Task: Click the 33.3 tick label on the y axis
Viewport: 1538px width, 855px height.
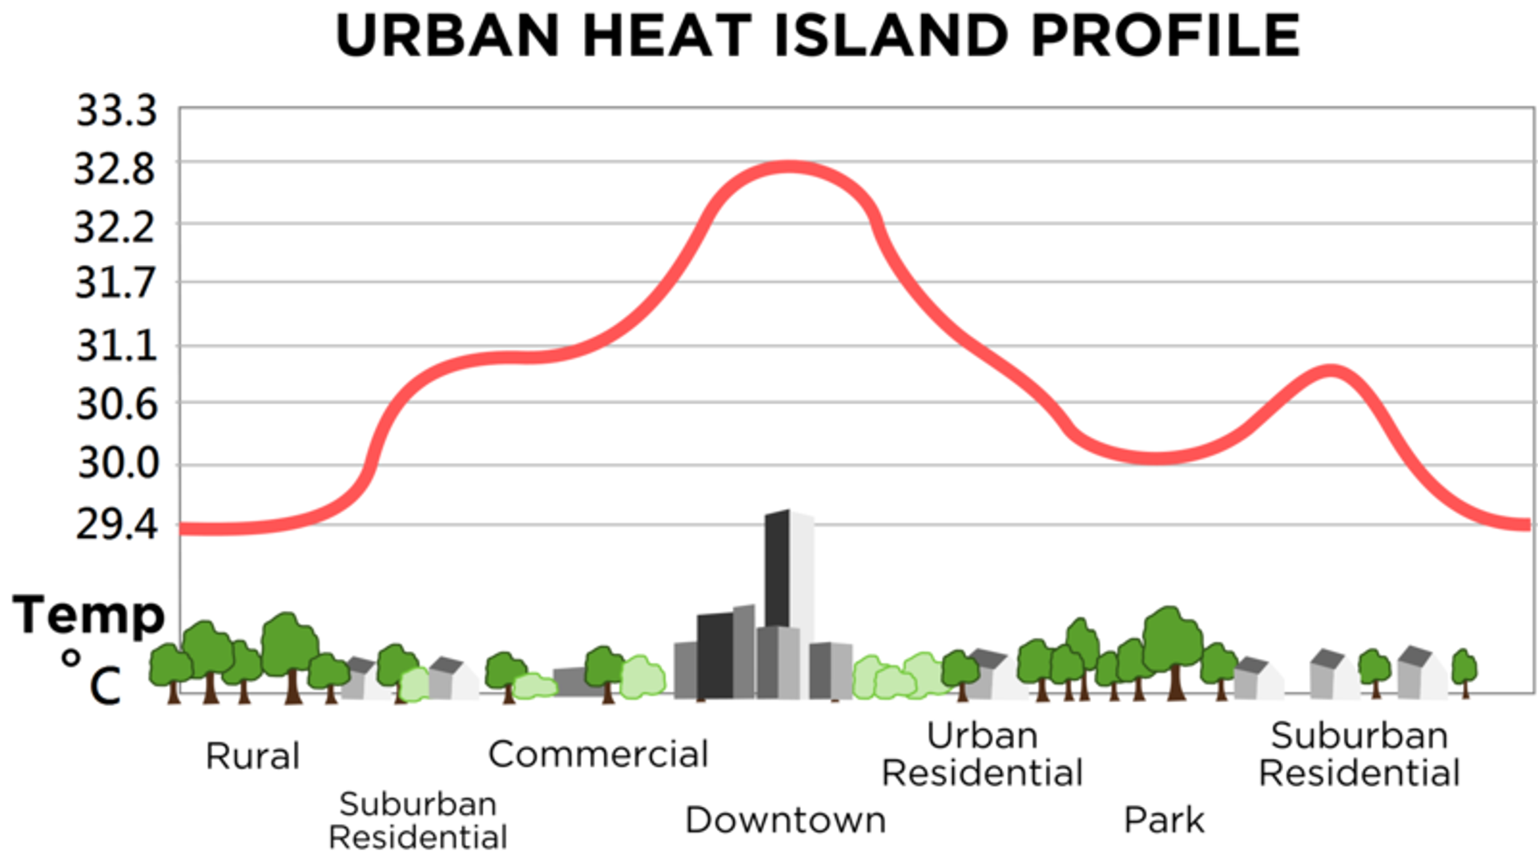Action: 116,111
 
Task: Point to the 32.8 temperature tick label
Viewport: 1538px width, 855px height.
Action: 115,170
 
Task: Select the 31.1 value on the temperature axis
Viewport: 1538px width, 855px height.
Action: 116,347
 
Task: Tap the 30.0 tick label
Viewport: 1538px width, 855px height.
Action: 118,463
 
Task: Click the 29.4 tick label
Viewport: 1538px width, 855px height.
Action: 116,525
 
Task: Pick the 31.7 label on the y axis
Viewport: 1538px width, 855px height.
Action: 115,283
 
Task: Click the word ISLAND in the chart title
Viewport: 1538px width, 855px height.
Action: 890,36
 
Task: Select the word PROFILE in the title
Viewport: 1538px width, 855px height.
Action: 1166,36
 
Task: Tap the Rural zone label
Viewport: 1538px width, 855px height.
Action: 252,756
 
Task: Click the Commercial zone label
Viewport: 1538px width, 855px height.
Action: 598,754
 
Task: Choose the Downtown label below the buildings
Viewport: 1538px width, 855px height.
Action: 785,820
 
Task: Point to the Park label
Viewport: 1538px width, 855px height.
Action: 1164,820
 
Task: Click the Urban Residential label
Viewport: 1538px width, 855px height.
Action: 982,754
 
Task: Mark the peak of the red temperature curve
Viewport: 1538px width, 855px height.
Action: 789,167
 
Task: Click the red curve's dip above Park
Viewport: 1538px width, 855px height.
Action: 1158,458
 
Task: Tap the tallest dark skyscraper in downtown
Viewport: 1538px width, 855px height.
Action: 777,568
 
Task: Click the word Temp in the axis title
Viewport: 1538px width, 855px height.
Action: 88,616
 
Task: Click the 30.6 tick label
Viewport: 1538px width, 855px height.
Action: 117,404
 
